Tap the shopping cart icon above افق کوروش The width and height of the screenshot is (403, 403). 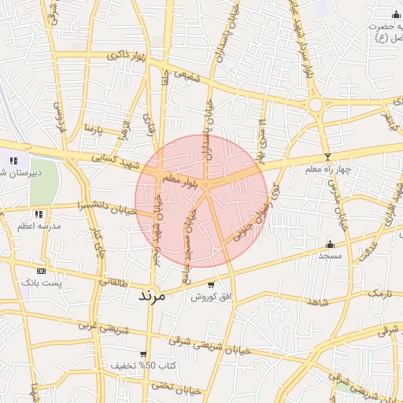point(210,285)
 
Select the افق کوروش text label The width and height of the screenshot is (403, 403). point(209,297)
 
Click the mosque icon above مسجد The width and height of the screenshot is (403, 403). point(330,244)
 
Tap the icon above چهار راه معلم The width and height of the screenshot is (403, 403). point(327,157)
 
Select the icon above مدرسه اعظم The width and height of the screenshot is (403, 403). point(38,213)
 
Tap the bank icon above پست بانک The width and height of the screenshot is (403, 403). point(41,270)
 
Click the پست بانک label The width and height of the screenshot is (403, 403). point(39,281)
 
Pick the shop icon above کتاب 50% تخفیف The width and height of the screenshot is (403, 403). point(142,354)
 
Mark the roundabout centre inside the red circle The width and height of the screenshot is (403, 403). point(205,186)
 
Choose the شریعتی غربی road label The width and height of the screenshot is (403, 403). point(94,325)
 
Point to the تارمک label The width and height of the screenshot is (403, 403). point(379,294)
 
